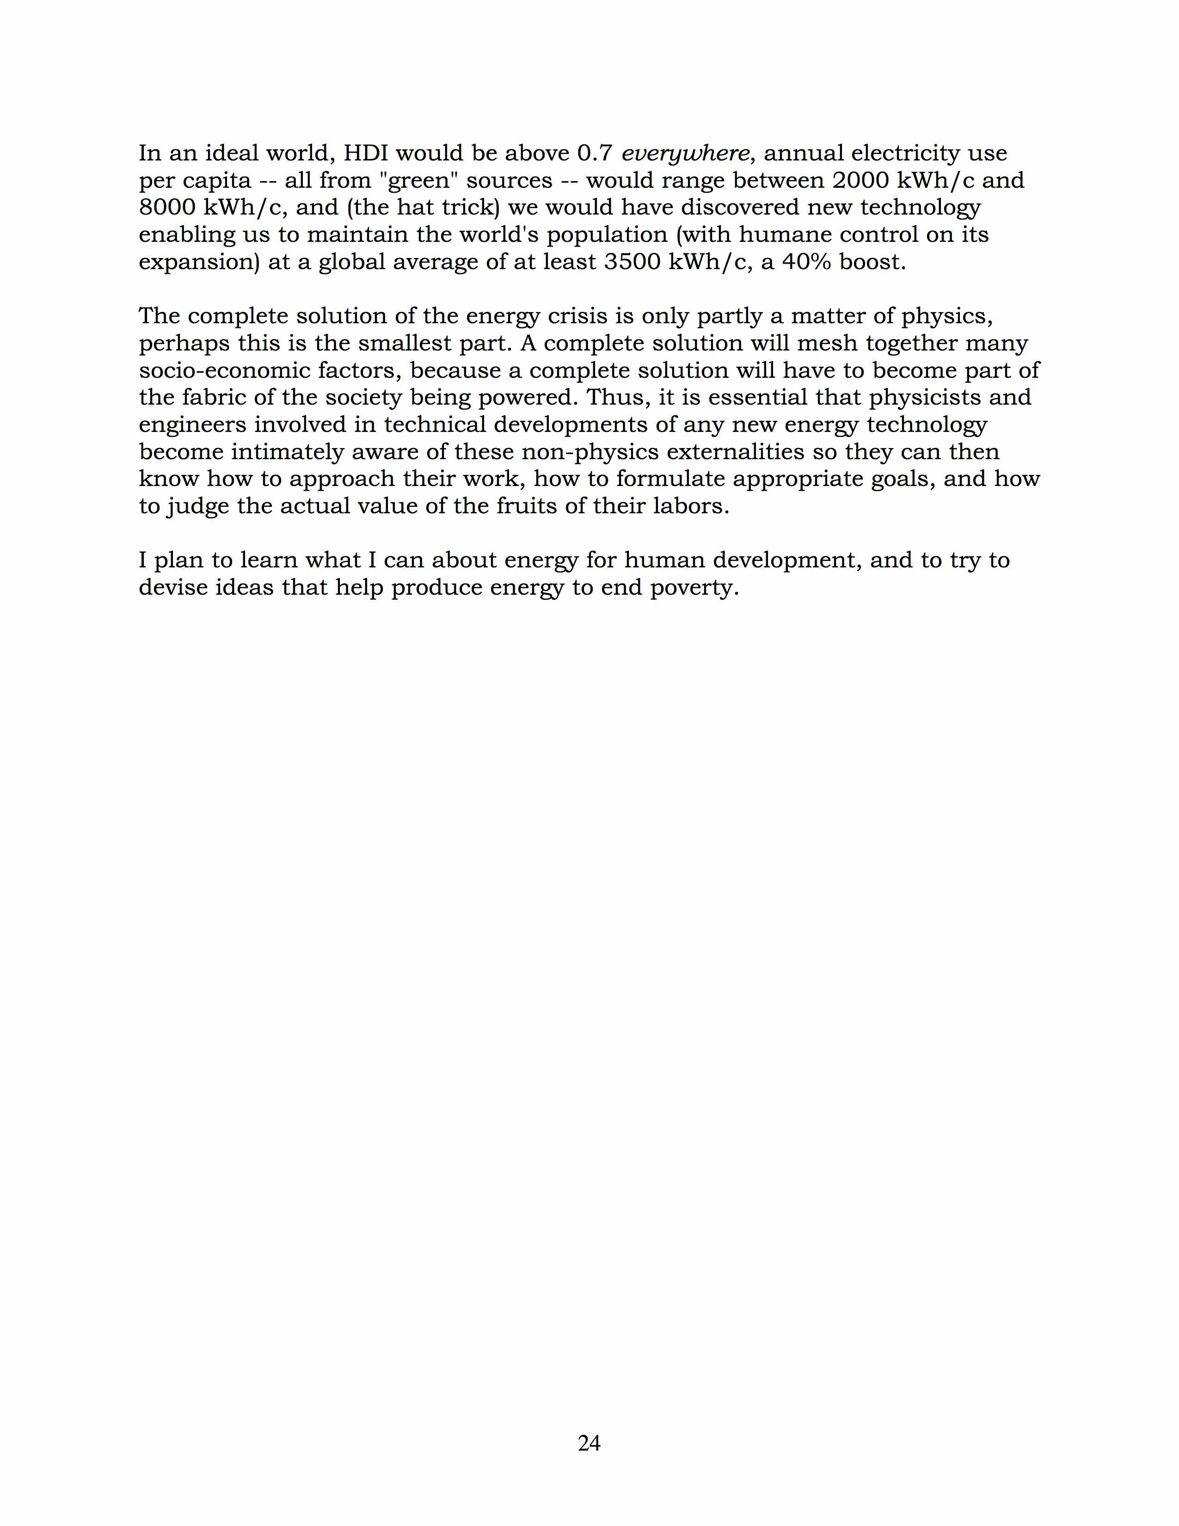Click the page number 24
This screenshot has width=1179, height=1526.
[589, 1442]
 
